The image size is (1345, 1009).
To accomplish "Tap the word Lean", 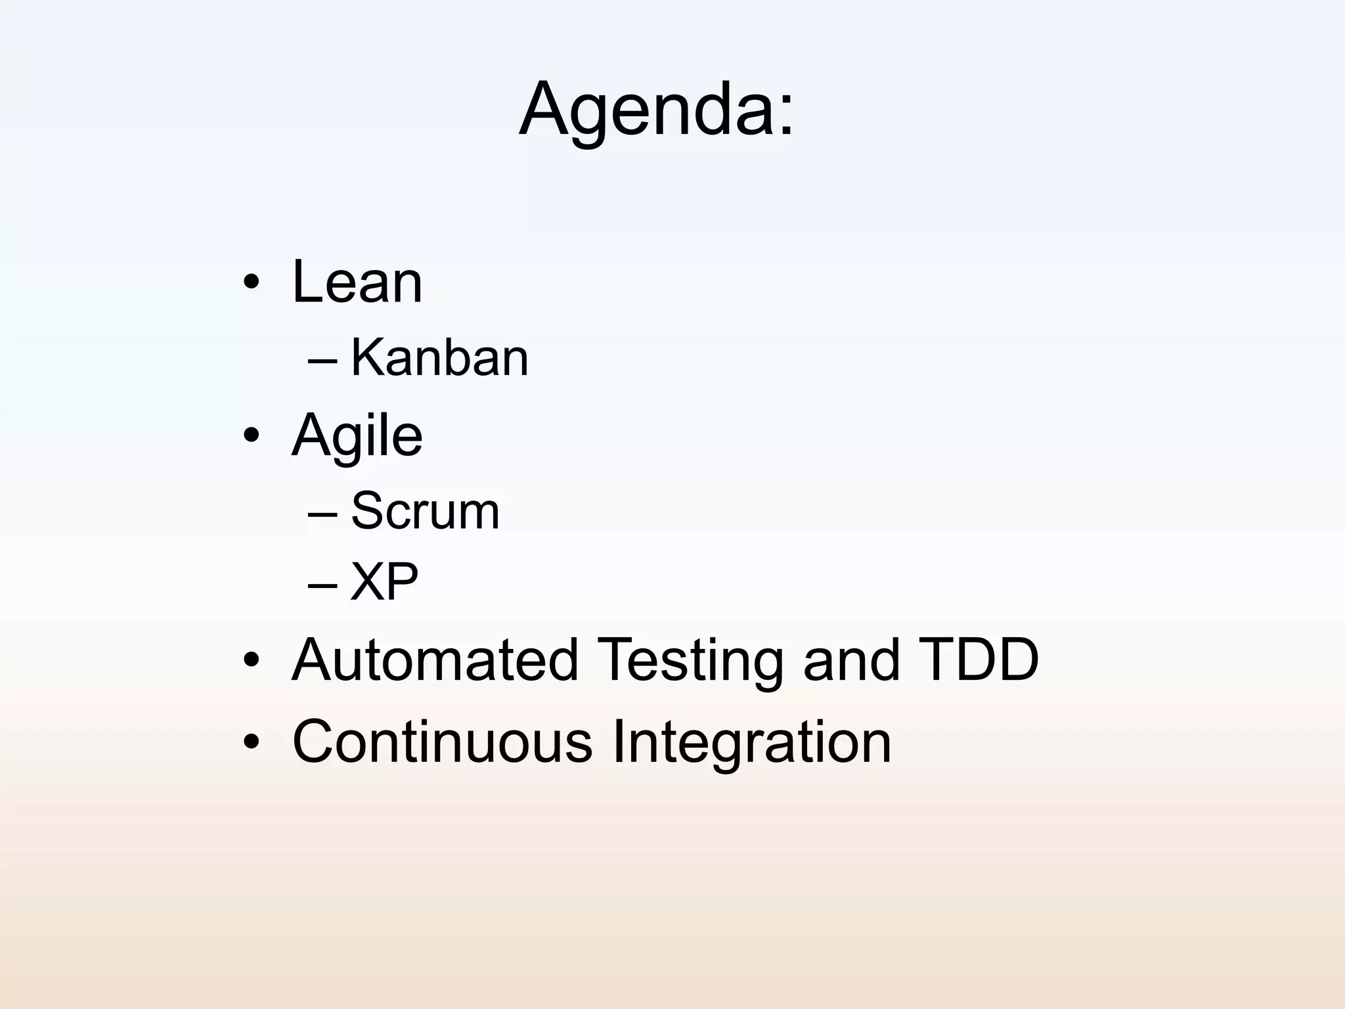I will click(357, 282).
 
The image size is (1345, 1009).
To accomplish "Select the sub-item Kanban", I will click(439, 358).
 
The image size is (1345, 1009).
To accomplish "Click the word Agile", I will click(357, 436).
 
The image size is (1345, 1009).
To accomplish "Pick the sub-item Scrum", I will click(425, 511).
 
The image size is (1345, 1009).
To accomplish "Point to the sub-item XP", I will click(384, 582).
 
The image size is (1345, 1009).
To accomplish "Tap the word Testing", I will click(690, 661).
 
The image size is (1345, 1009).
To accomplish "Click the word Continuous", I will click(442, 742).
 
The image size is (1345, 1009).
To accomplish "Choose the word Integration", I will click(751, 743).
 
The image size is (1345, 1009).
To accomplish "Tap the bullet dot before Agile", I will click(252, 436).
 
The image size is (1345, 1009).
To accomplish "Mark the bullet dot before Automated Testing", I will click(252, 660).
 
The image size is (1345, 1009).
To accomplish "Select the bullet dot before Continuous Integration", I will click(252, 742).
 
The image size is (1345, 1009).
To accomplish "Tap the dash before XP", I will click(322, 584).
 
